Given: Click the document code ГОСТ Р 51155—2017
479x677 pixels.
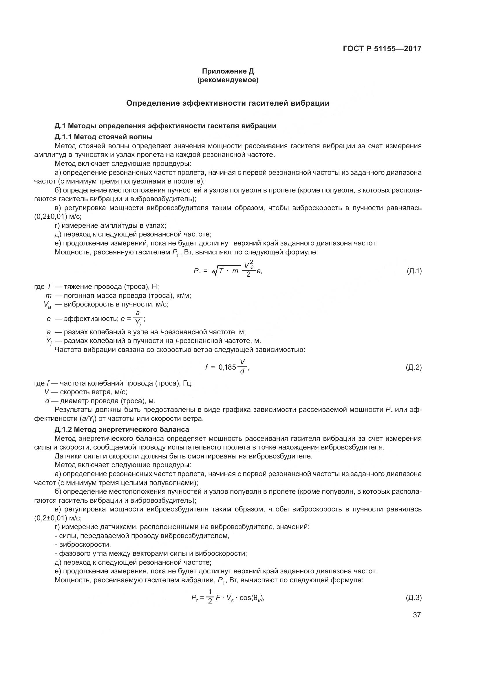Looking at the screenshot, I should (382, 49).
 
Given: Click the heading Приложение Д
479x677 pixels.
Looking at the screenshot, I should (228, 71).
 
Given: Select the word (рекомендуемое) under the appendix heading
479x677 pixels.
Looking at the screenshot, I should (228, 80).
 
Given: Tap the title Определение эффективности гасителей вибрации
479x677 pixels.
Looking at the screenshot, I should (228, 103).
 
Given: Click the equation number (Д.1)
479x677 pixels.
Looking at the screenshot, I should (414, 271).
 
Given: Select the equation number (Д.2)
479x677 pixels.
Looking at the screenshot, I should (414, 367).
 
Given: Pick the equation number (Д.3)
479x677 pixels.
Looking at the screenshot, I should (414, 598).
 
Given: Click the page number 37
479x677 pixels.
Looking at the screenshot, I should (417, 615).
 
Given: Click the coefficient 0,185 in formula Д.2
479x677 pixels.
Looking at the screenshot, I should (227, 367).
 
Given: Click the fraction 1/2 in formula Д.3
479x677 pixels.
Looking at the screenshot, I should (210, 597).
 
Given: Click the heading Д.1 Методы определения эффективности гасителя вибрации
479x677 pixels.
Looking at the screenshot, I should (165, 126).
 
